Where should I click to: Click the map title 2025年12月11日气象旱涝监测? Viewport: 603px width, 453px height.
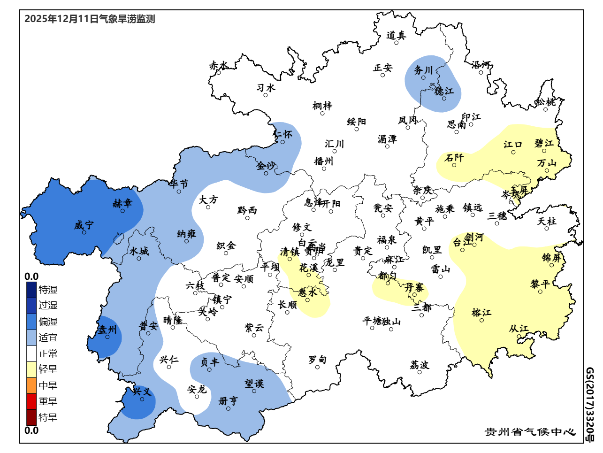click(x=90, y=19)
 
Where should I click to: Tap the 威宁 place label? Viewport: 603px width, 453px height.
click(x=84, y=225)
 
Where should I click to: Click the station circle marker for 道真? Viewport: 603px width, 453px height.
click(x=396, y=43)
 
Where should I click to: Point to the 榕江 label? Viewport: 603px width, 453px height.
click(x=481, y=313)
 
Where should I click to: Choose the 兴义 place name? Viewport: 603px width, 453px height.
click(x=142, y=392)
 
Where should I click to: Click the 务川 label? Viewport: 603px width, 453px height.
click(x=423, y=70)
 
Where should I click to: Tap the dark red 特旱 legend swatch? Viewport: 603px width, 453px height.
click(x=31, y=417)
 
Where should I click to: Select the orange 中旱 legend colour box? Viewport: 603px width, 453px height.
click(x=31, y=385)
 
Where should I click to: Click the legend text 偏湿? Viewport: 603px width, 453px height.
click(x=48, y=322)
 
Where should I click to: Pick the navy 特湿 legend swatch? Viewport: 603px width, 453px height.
click(x=31, y=290)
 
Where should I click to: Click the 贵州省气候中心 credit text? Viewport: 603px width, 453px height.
click(x=530, y=432)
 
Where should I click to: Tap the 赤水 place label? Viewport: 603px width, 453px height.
click(x=219, y=66)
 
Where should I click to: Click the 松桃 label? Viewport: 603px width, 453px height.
click(x=546, y=102)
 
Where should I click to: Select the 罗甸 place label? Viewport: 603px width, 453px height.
click(x=317, y=360)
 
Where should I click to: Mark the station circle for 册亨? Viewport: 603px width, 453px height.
click(x=229, y=408)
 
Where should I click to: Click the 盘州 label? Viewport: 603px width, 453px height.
click(x=107, y=330)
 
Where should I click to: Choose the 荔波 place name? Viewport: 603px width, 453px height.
click(x=420, y=365)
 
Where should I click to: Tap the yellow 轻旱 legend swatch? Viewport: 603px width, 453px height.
click(x=31, y=369)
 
